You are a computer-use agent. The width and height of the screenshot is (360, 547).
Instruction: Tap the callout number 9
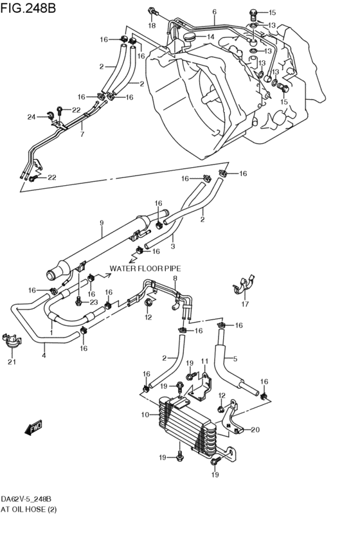[101, 223]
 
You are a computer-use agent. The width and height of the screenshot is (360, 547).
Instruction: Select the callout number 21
[10, 362]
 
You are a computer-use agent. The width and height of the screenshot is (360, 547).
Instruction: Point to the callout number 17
[244, 305]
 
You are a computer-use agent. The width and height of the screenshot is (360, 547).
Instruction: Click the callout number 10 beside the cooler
[145, 415]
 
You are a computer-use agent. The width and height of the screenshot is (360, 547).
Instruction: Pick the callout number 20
[255, 430]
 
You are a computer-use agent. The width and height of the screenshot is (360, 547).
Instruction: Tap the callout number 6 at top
[214, 12]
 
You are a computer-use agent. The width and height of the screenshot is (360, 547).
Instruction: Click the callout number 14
[210, 37]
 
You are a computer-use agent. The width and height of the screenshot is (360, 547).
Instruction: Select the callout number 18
[152, 25]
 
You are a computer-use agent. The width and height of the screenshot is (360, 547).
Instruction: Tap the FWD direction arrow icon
[32, 427]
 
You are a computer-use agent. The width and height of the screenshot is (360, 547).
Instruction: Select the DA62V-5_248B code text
[26, 499]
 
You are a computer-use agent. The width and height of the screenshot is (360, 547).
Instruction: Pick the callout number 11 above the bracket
[204, 361]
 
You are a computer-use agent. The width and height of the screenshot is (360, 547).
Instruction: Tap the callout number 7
[82, 134]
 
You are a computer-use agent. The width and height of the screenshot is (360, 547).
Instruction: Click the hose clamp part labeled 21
[10, 340]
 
